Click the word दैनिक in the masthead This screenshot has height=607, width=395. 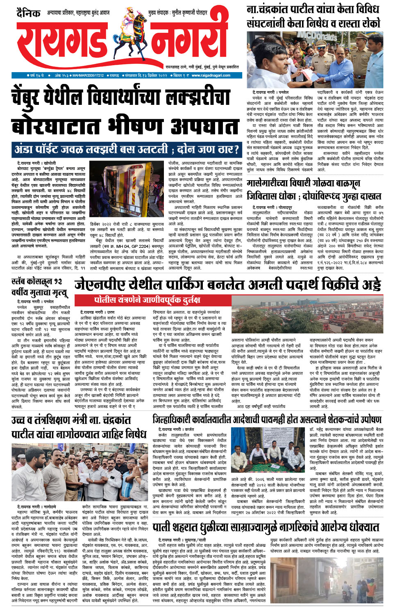[x=29, y=13]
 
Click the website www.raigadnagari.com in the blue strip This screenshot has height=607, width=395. [x=211, y=75]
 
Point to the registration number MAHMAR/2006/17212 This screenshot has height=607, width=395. [x=88, y=75]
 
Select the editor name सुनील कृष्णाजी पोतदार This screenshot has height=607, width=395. [x=189, y=13]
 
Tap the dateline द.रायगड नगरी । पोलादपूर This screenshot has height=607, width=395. [x=270, y=208]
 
